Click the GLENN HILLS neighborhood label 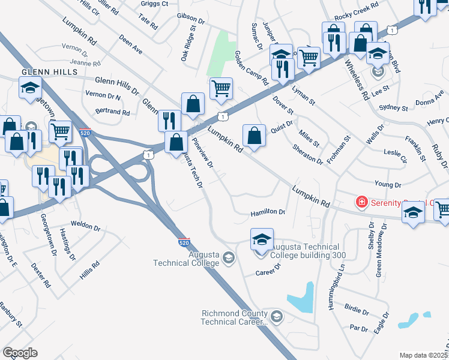tap(49, 71)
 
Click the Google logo tap(20, 353)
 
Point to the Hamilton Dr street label tap(268, 212)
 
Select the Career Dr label tap(268, 272)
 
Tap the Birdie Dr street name tap(357, 312)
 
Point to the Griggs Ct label tap(154, 3)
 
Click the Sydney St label tap(394, 108)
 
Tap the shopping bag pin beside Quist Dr tap(255, 134)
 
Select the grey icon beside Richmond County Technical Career tap(276, 316)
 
